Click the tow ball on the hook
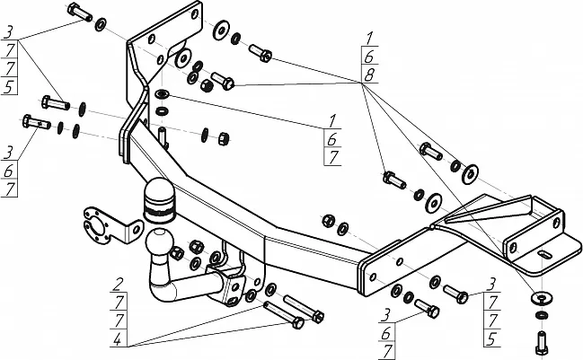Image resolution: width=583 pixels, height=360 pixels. coord(159,243)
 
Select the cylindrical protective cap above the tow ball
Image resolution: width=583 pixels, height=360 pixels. coord(159,200)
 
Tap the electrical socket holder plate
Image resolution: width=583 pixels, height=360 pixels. coord(110,226)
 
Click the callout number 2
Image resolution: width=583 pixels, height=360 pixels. coord(119,285)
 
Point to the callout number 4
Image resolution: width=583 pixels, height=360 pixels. coord(118,339)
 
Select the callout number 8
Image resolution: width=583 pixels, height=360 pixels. coord(369,75)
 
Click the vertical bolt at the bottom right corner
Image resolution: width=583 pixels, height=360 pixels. coord(540,343)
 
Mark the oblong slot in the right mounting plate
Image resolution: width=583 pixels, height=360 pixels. coord(544,255)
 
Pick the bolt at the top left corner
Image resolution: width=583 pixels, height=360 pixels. coord(80,12)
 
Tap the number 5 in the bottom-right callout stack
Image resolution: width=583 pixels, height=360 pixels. coord(491,338)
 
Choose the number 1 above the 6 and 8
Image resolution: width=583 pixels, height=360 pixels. coord(369,39)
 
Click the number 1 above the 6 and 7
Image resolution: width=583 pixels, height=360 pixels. coord(332,120)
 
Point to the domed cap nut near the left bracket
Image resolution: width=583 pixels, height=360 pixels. coord(207,86)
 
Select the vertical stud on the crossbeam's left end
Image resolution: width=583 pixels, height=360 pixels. coord(163,136)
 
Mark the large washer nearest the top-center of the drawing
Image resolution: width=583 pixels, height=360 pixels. coord(221,30)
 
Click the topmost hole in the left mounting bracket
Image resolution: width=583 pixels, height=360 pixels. coord(194,14)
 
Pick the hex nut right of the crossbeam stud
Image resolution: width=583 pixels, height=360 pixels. coord(224,138)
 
